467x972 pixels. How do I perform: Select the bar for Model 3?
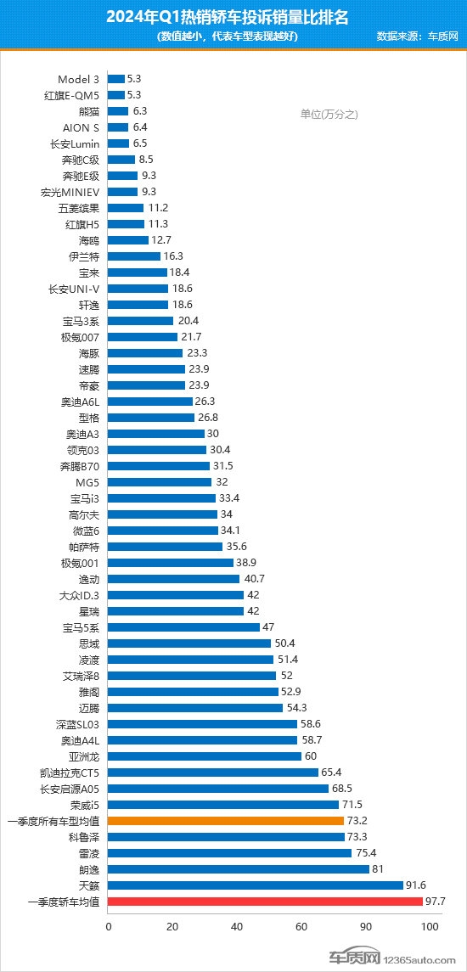click(116, 79)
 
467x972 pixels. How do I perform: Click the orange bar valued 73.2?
click(226, 821)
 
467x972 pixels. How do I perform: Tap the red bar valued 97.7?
click(265, 902)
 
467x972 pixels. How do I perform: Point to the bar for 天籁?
click(256, 885)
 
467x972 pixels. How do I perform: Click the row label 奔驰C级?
click(81, 160)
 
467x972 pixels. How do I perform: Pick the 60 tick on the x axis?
click(301, 926)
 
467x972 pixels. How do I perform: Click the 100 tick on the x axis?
click(430, 926)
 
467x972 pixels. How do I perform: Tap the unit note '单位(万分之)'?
click(329, 115)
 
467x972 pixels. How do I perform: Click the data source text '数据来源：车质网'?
click(417, 37)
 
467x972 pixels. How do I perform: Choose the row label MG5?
click(87, 482)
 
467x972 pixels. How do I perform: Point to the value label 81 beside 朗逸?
click(379, 869)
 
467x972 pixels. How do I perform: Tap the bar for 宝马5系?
click(183, 627)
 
